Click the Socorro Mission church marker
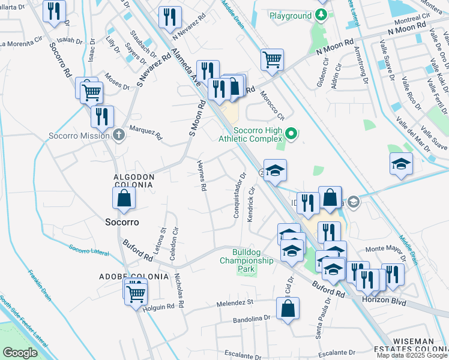coord(119,134)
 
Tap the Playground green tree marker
coord(322,16)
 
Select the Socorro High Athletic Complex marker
coord(292,133)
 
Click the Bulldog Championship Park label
coord(246,260)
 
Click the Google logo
coord(20,353)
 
